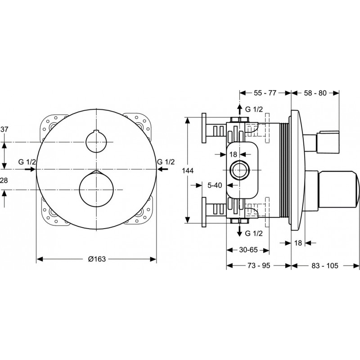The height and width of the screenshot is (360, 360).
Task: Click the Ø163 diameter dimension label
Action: [97, 259]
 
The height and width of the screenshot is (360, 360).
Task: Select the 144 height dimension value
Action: [188, 171]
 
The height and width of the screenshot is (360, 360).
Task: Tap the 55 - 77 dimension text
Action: [265, 93]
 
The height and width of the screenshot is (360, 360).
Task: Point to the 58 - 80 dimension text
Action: [315, 93]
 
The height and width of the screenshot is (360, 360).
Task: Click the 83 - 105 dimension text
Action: [325, 265]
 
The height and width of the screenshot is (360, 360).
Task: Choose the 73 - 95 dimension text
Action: [259, 265]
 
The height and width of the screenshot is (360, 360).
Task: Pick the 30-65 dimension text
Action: [248, 250]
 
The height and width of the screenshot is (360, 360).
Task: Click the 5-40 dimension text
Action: [215, 185]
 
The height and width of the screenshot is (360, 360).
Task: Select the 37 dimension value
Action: [4, 129]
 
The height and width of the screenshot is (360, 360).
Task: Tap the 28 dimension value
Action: [4, 180]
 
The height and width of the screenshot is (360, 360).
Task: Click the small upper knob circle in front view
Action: [96, 142]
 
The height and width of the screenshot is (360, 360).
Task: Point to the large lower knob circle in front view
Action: [96, 189]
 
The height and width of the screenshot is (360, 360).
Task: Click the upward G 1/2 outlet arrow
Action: [239, 109]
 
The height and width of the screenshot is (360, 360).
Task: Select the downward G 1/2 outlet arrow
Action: [239, 231]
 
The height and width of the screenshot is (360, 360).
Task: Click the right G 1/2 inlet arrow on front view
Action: [162, 169]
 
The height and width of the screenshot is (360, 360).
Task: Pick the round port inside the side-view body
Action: [239, 170]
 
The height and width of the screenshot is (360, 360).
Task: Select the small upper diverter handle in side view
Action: [322, 142]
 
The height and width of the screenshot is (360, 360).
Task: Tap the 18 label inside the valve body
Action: [233, 154]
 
